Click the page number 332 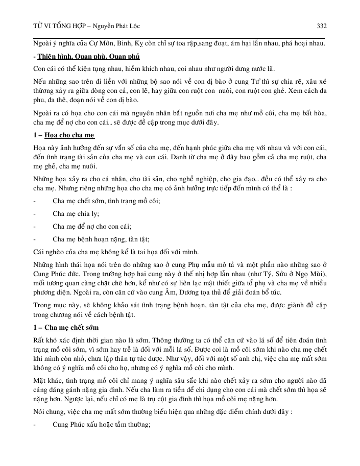pyautogui.click(x=322, y=26)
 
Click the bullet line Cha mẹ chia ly pyautogui.click(x=76, y=214)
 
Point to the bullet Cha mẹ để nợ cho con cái pyautogui.click(x=92, y=226)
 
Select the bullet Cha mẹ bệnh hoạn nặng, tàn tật pyautogui.click(x=101, y=239)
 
